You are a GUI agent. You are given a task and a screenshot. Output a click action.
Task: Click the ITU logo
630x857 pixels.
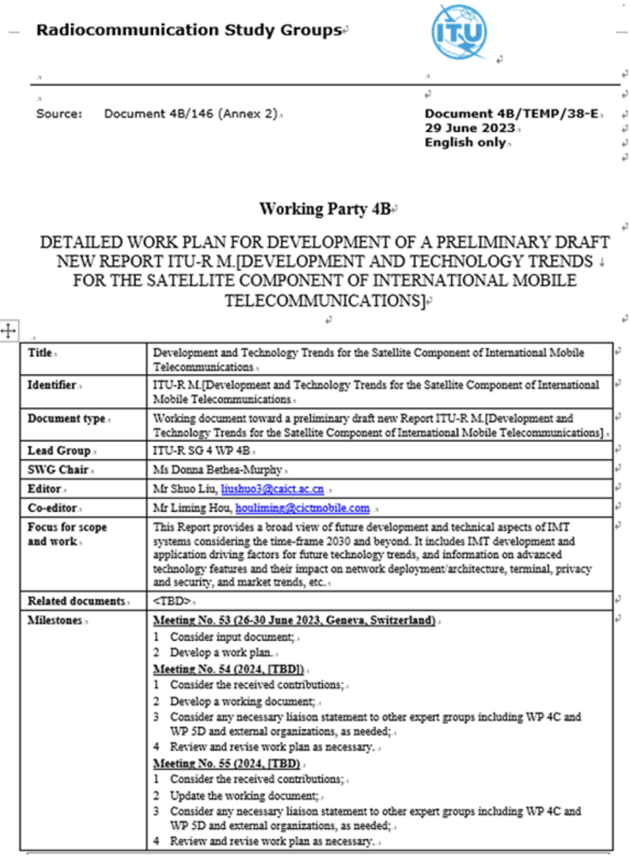(460, 32)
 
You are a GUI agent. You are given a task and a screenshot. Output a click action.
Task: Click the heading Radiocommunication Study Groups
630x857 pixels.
(189, 30)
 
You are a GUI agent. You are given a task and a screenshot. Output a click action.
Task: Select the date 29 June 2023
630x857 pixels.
(469, 128)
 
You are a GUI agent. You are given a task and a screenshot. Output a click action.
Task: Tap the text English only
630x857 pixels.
(465, 142)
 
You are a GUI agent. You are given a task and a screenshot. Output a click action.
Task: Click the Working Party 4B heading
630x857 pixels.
(325, 209)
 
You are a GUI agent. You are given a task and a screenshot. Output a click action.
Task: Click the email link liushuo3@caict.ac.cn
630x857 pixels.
(272, 489)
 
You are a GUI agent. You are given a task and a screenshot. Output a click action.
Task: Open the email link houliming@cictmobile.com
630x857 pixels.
(302, 508)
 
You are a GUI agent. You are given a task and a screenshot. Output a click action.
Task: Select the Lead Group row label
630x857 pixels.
(59, 450)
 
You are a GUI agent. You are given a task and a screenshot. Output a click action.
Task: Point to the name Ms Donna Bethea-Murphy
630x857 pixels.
(217, 470)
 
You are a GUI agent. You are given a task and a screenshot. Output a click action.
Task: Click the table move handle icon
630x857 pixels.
(9, 331)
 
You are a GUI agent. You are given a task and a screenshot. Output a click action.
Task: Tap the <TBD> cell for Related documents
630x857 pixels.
(172, 601)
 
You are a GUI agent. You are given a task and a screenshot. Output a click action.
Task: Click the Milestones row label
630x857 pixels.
(55, 621)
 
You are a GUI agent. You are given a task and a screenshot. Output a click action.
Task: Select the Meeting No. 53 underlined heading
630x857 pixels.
(294, 621)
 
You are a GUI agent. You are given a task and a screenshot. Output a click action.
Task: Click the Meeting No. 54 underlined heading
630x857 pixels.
(228, 669)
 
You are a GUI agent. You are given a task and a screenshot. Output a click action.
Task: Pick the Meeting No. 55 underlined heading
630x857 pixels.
(227, 763)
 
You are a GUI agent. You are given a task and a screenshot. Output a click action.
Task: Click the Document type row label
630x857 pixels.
(66, 419)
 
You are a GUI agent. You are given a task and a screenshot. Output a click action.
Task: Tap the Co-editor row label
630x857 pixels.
(52, 508)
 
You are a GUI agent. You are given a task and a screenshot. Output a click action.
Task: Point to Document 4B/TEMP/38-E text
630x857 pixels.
(511, 114)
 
